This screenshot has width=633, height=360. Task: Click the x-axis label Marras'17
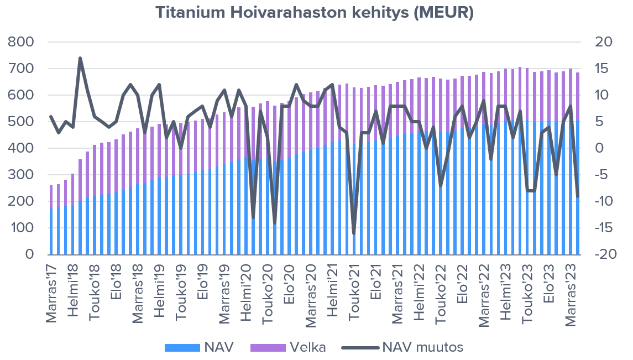51,293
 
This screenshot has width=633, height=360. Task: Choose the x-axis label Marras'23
574,293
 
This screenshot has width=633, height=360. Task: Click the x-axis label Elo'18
116,285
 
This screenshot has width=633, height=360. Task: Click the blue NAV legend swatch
182,348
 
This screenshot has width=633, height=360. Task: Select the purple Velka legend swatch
268,348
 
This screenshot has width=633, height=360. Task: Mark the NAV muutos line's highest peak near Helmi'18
80,58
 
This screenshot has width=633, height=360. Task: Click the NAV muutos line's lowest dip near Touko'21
354,233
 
